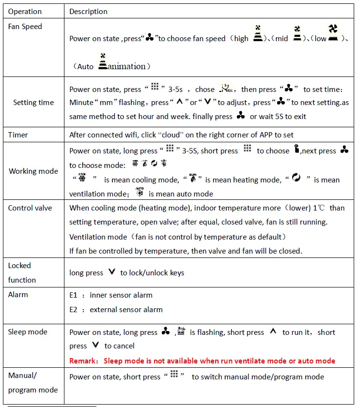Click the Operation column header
point(25,11)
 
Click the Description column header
point(88,11)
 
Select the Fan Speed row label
point(25,27)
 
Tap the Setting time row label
point(33,103)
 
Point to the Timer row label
point(18,135)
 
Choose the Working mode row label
point(33,171)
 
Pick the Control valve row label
point(30,208)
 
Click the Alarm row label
point(18,295)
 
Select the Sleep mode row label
point(28,332)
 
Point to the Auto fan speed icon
point(102,62)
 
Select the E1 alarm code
point(74,295)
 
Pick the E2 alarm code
point(74,310)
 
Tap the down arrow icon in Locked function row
point(112,272)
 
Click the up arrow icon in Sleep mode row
point(273,332)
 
